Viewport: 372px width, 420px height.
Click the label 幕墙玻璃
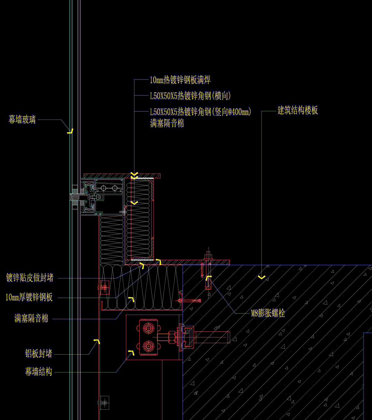point(22,120)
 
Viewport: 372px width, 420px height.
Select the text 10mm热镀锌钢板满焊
point(180,80)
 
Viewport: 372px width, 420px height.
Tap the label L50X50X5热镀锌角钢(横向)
point(190,96)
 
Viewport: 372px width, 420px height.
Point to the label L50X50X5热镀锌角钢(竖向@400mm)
point(200,112)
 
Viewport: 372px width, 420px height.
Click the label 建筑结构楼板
point(298,111)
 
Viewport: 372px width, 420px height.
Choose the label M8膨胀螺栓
point(268,313)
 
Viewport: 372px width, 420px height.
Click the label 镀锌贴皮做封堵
point(30,278)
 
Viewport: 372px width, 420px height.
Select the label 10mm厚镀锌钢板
point(29,297)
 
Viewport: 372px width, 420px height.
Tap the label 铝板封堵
point(39,354)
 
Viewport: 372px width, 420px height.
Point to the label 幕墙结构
point(39,372)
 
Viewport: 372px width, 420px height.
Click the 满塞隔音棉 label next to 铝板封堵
point(31,318)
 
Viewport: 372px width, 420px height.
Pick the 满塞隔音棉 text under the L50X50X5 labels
point(167,123)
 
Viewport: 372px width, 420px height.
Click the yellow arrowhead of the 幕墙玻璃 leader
point(70,131)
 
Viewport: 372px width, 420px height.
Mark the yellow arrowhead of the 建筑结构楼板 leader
point(262,277)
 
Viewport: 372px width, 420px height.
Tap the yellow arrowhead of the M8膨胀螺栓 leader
point(208,278)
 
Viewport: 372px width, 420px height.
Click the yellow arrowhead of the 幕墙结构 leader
point(131,352)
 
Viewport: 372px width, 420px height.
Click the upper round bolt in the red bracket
point(148,328)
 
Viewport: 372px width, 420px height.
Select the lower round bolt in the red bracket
point(148,346)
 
